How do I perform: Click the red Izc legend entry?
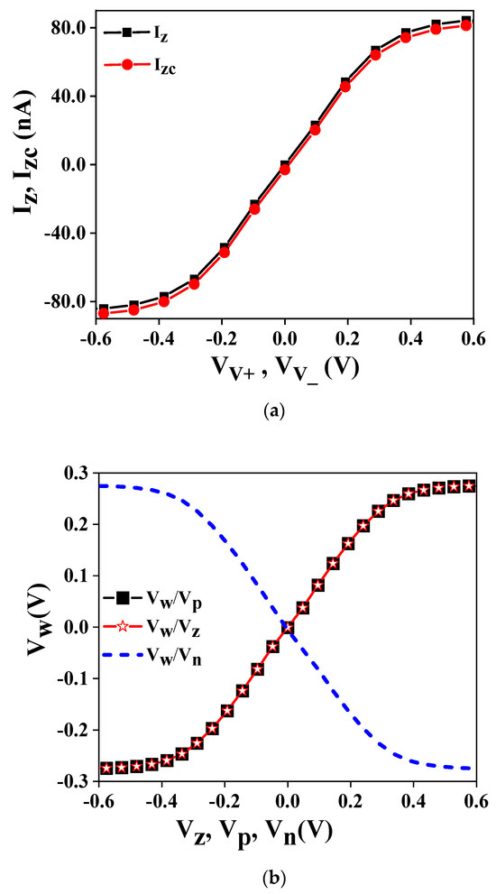(x=144, y=64)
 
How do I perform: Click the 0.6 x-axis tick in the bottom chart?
(x=476, y=799)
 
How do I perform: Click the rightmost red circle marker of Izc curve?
(x=466, y=25)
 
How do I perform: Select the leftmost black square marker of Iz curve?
(x=104, y=309)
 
